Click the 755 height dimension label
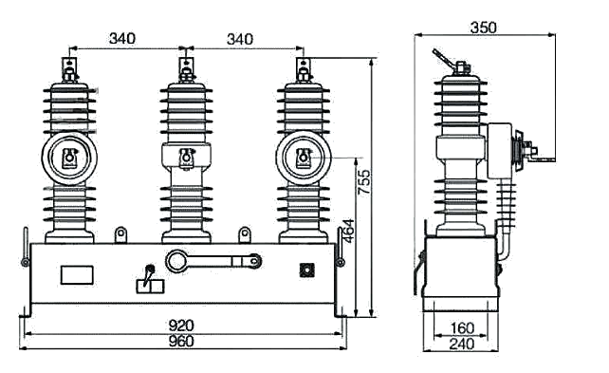coord(364,182)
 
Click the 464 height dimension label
coord(347,231)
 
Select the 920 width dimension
coord(181,326)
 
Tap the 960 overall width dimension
coord(181,341)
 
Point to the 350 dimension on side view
coord(483,28)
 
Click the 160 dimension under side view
coord(462,328)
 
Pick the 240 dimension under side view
coord(462,344)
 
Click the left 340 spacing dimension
coord(122,39)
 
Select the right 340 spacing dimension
coord(240,39)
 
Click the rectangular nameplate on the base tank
coord(77,275)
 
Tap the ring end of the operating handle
coord(176,261)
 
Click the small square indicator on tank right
coord(306,270)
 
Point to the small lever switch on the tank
coord(150,280)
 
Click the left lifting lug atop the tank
coord(120,234)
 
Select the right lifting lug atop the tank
coord(245,234)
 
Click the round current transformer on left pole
coord(69,158)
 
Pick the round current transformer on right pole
coord(304,158)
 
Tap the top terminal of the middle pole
coord(187,70)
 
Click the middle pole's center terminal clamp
coord(187,159)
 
